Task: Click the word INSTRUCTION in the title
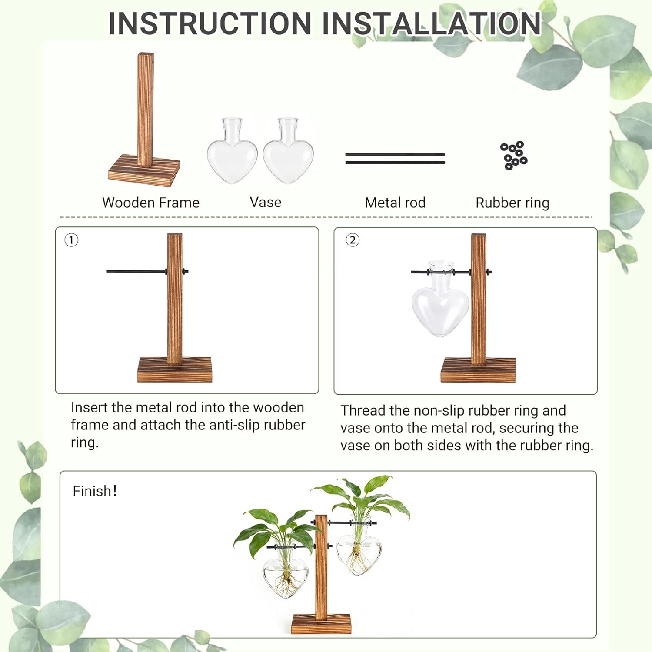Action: [210, 23]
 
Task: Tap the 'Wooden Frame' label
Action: [150, 203]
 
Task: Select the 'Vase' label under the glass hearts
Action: [265, 202]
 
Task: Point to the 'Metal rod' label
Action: [395, 203]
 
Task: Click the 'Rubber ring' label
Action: [512, 203]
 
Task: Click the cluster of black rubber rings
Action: [513, 155]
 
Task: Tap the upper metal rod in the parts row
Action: [395, 154]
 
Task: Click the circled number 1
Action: [71, 240]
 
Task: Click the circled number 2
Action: [353, 240]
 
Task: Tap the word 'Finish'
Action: [92, 491]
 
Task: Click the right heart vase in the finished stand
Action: [359, 556]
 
